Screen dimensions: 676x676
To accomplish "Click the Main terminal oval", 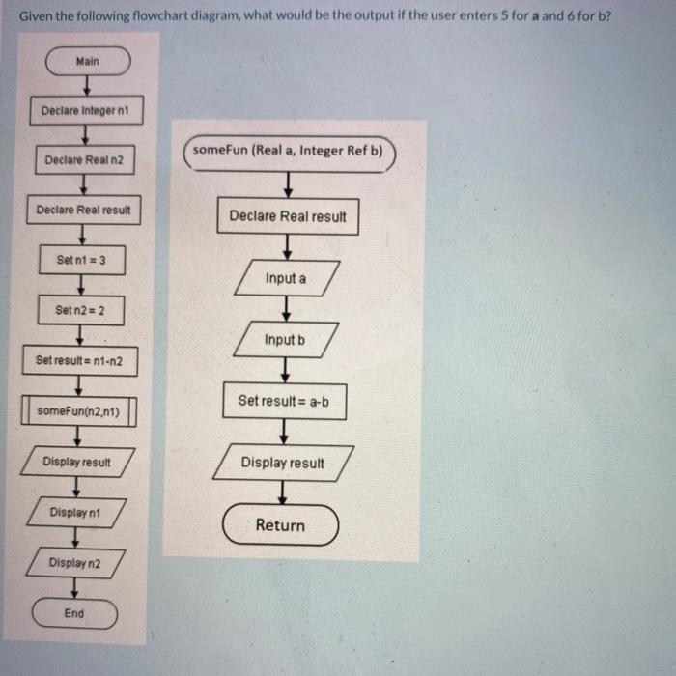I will (87, 62).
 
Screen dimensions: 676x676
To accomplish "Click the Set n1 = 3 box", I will (82, 260).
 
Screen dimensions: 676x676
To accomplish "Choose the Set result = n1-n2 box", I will (80, 360).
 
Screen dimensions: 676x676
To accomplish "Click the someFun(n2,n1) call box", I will (80, 410).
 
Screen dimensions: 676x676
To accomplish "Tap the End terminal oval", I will (74, 613).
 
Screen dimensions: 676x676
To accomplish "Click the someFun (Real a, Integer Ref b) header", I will (288, 151).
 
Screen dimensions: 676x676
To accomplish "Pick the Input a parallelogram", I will (285, 278).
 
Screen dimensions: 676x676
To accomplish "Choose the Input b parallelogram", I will (285, 340).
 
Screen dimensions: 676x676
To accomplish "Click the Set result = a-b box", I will (284, 401).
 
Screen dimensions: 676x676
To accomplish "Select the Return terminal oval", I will (280, 525).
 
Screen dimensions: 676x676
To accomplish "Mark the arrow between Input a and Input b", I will (285, 309).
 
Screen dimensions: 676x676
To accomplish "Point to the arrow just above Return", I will (283, 493).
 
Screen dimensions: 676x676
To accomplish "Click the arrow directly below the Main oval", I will (86, 87).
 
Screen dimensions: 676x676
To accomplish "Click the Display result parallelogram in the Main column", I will (77, 462).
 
